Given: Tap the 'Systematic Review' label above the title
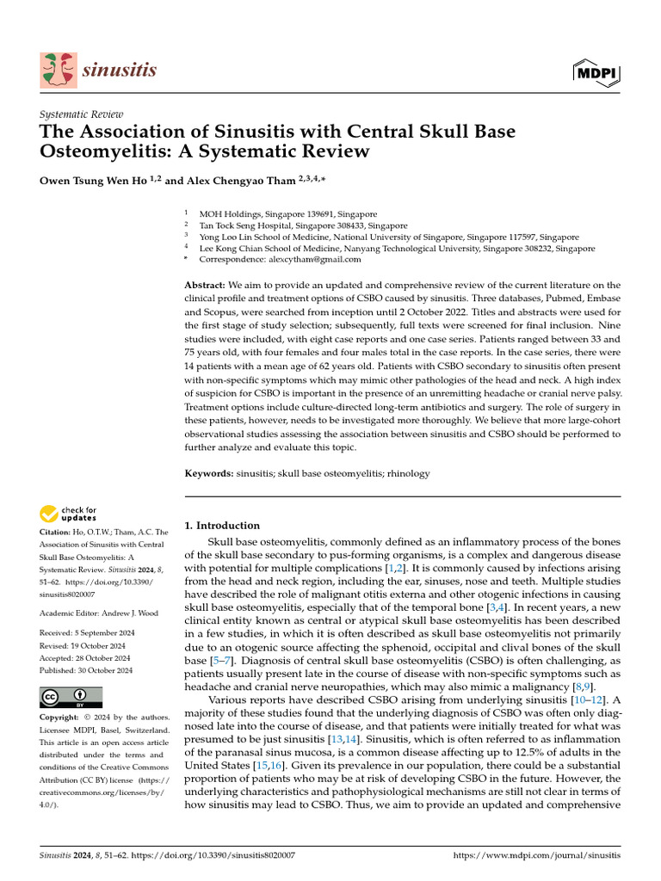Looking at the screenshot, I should click(82, 114).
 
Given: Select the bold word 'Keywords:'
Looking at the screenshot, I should click(209, 473).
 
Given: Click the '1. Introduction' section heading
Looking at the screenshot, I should click(223, 525).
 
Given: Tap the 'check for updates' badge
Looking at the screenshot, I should click(69, 515).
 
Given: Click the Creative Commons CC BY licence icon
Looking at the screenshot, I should click(71, 697).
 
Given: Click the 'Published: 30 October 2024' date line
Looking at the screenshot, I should click(86, 669).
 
